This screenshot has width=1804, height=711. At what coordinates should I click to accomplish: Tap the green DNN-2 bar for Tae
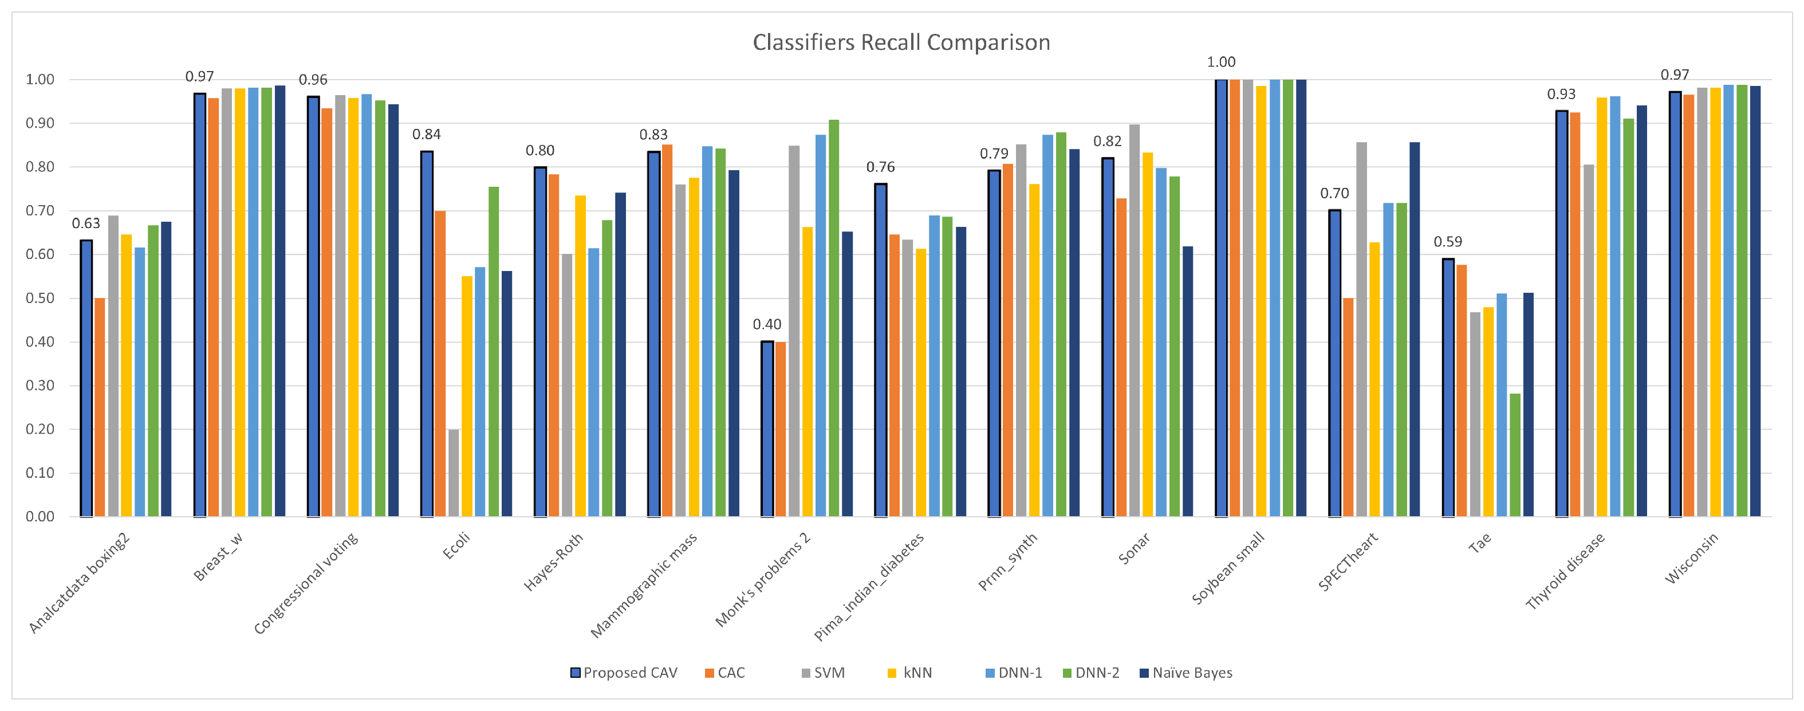click(x=1515, y=455)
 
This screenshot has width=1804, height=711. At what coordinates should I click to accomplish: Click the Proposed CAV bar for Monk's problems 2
click(x=767, y=429)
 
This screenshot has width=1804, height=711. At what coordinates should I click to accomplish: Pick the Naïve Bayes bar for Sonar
click(x=1188, y=382)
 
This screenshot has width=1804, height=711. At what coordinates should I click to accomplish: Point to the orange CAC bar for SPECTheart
click(x=1348, y=408)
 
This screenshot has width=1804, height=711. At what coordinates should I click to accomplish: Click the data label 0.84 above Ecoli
click(x=427, y=135)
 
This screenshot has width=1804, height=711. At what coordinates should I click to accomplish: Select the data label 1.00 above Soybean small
click(x=1222, y=62)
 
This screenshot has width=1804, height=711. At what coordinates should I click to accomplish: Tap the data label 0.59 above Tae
click(x=1448, y=242)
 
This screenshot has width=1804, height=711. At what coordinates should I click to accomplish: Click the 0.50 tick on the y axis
click(x=40, y=298)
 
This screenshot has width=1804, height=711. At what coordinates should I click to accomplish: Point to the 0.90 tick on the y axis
click(x=40, y=123)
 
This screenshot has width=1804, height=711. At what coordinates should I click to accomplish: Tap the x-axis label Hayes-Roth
click(x=554, y=562)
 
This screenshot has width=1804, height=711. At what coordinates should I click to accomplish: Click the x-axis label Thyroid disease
click(x=1565, y=571)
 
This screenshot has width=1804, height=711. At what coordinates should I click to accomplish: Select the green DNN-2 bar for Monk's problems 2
click(x=834, y=319)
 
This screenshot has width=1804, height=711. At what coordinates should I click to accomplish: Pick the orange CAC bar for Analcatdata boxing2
click(x=100, y=408)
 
